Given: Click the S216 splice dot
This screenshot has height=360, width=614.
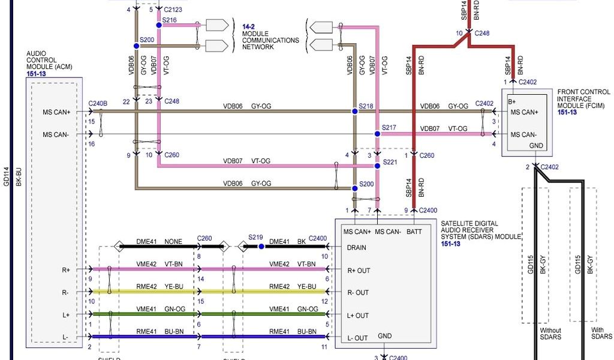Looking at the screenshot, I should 158,25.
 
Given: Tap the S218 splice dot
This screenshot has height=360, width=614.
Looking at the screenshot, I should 354,111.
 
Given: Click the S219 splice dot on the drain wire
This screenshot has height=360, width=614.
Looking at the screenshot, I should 261,246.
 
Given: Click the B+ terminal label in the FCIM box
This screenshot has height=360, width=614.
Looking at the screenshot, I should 514,101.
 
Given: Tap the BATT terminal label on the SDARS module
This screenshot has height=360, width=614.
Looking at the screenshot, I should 415,231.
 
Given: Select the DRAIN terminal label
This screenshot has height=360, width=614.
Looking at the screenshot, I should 357,247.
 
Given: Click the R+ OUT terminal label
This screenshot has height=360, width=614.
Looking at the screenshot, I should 359,271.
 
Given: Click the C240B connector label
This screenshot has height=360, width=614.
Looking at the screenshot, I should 98,103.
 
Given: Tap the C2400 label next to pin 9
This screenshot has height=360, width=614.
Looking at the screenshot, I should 428,210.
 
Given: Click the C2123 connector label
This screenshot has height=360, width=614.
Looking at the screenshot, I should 174,10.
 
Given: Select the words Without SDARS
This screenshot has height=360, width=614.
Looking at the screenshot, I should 550,334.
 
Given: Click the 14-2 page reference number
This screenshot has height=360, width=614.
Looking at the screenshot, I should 249,27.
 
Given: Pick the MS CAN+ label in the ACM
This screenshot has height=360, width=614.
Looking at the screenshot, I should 56,112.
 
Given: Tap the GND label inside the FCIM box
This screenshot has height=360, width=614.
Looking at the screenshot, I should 535,146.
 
